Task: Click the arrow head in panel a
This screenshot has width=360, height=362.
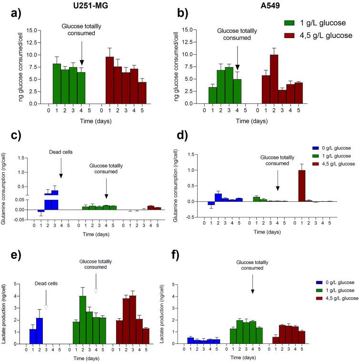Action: point(82,62)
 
